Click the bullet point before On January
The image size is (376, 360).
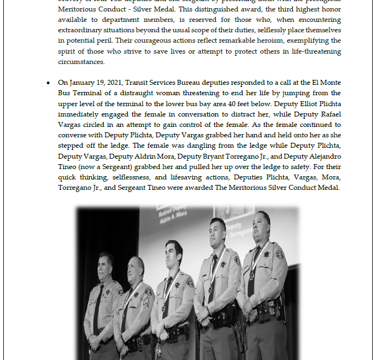tap(49, 83)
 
